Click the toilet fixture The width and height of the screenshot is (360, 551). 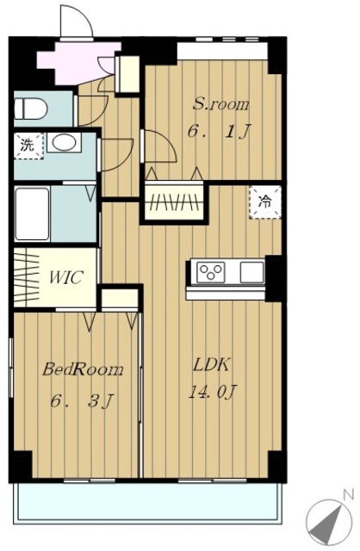click(31, 108)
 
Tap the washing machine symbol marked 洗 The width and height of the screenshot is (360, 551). click(28, 145)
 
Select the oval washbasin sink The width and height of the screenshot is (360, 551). click(64, 142)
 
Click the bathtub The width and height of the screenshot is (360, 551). click(32, 214)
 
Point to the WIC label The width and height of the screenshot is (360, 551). click(66, 277)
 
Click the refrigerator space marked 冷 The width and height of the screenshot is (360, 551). click(265, 202)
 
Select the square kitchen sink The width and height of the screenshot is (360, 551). click(252, 272)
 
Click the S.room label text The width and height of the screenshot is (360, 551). click(221, 103)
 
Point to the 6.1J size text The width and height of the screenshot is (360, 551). click(219, 132)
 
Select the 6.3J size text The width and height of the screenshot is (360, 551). click(83, 401)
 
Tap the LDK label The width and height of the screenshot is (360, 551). click(211, 365)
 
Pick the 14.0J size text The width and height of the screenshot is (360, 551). click(213, 392)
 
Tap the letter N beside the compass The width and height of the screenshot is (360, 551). click(349, 495)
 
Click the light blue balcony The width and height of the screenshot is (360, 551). click(147, 502)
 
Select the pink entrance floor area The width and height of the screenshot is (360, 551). click(78, 63)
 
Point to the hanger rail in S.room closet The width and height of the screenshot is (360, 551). click(174, 203)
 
